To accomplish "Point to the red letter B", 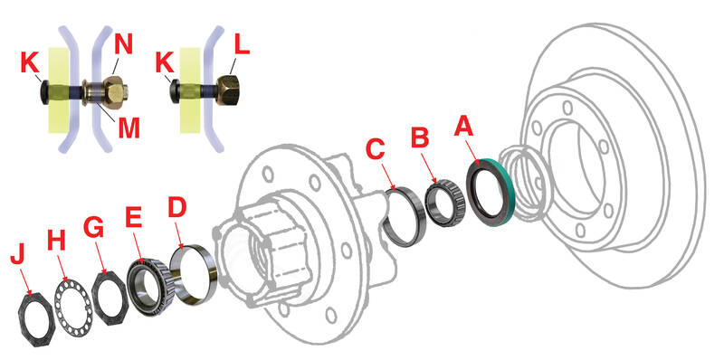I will click(x=419, y=137).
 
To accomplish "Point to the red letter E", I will click(x=135, y=220).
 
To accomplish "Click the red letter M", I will click(x=129, y=128).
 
